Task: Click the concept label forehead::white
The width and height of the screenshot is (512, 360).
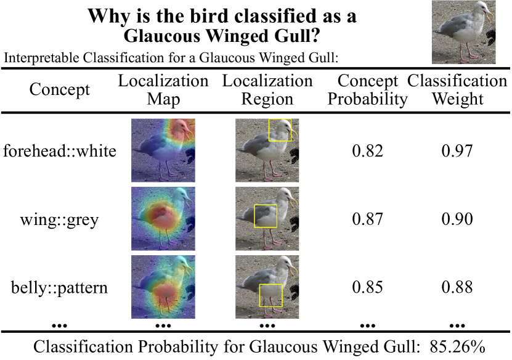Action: point(59,151)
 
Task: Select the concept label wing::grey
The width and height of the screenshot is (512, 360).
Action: point(59,219)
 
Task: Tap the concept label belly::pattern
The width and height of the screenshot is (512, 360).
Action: point(59,288)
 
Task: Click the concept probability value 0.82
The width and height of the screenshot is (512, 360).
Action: point(367,151)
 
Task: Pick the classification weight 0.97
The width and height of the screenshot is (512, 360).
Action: point(457,151)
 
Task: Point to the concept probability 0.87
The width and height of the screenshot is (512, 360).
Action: point(367,219)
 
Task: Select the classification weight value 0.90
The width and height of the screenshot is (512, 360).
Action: point(457,219)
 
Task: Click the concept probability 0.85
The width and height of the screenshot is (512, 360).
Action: point(367,287)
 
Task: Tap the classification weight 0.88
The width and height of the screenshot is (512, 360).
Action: point(457,287)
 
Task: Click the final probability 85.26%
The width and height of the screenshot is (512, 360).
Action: point(457,347)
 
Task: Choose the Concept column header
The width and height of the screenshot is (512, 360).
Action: point(59,89)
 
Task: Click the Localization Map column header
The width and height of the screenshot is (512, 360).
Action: point(163,90)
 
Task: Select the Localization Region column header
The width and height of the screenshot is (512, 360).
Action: point(267,90)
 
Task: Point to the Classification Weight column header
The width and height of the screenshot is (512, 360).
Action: point(457,90)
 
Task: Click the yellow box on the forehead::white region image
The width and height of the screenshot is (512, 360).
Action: point(269,130)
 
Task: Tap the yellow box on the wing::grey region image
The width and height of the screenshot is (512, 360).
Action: point(254,216)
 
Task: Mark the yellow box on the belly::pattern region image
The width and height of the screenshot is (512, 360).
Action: point(260,295)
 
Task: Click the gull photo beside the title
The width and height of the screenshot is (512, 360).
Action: point(464,32)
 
